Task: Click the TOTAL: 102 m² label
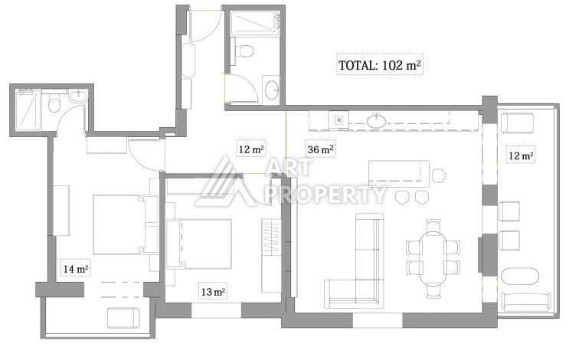380,65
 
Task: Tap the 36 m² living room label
320,149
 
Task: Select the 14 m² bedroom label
76,268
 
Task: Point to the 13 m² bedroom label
213,292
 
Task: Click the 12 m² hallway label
251,149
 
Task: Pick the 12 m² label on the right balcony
521,155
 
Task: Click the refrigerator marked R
339,120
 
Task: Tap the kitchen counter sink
377,120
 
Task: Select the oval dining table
433,257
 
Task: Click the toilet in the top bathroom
244,50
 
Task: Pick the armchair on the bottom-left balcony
123,318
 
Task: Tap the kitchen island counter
399,174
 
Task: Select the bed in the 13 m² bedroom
199,244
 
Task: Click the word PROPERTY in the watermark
327,195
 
